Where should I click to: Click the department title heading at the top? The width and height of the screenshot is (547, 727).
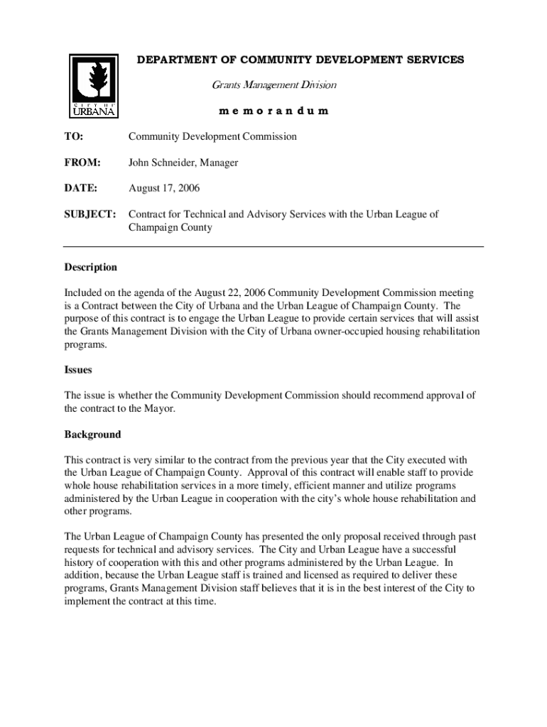[300, 60]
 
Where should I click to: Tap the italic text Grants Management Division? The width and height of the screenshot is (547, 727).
[273, 85]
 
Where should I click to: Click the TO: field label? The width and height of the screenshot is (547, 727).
[74, 136]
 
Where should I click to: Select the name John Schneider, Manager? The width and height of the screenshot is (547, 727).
[183, 163]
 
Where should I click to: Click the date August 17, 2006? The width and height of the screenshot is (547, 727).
[164, 188]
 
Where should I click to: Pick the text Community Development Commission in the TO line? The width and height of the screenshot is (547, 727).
[212, 136]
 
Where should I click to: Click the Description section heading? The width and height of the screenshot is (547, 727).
[91, 268]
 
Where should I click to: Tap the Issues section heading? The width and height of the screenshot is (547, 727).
[78, 370]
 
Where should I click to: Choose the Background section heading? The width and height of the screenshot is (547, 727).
[92, 434]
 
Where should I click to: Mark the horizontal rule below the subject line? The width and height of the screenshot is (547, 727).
[273, 246]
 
